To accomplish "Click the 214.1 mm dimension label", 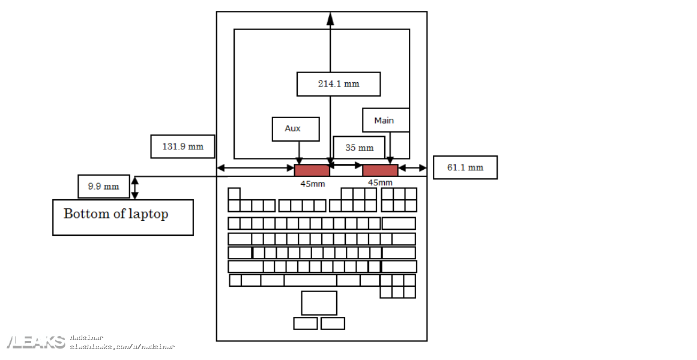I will coord(339,84).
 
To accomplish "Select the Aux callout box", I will coord(295,129).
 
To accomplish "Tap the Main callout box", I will coord(385,120).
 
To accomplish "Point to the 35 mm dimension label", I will coord(359,148).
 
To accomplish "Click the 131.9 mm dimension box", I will coord(183,146).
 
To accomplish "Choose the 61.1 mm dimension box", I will coord(465,167).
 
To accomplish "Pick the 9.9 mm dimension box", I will coord(103,186).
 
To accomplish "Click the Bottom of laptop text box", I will coord(123,217).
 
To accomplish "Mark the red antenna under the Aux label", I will coord(312,170).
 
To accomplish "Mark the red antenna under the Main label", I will coord(380,170).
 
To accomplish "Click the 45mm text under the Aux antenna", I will coord(312,184).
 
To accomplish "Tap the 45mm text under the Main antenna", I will coord(380,182).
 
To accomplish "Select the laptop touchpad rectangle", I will coord(319,303).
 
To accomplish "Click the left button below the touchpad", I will coord(306,323).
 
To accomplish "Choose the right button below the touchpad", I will coord(333,323).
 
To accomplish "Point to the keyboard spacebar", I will coord(310,280).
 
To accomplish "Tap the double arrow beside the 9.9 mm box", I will coord(135,187).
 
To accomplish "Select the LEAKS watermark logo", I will coord(36,342).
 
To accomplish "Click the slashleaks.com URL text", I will coord(122,347).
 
